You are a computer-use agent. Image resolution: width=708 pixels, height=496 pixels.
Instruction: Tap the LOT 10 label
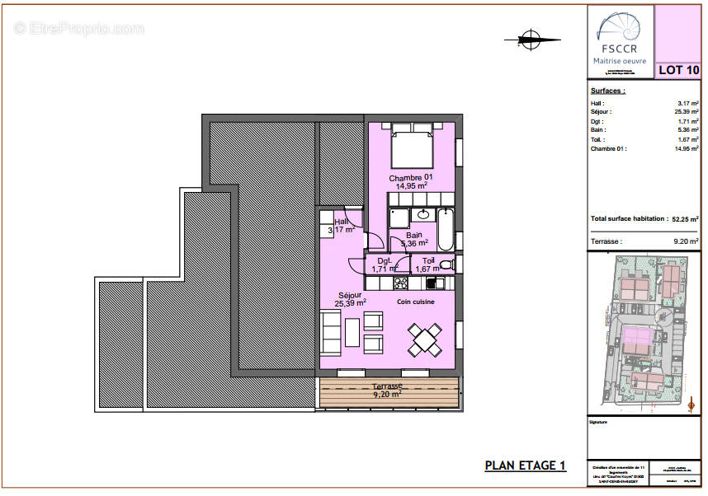click(677, 70)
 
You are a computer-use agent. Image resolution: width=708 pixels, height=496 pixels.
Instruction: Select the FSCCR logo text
click(620, 49)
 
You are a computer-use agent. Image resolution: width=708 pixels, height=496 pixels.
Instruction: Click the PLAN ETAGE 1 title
click(525, 466)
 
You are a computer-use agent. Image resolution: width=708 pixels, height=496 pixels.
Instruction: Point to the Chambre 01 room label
click(410, 178)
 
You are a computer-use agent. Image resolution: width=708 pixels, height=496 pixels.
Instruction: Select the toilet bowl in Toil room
click(446, 264)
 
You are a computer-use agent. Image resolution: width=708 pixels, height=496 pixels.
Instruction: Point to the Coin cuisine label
click(415, 302)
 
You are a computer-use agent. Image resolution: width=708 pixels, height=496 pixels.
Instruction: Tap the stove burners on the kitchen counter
click(401, 283)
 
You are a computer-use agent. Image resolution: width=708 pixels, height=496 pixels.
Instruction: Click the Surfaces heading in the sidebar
click(608, 91)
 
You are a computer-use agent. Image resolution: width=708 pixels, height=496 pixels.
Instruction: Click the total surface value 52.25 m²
click(685, 219)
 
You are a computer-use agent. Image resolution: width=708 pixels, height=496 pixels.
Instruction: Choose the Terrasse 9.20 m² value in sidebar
click(686, 241)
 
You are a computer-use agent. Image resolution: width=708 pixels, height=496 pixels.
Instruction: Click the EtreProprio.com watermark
click(79, 29)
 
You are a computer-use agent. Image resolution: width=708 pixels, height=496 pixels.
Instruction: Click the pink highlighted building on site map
click(637, 339)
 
